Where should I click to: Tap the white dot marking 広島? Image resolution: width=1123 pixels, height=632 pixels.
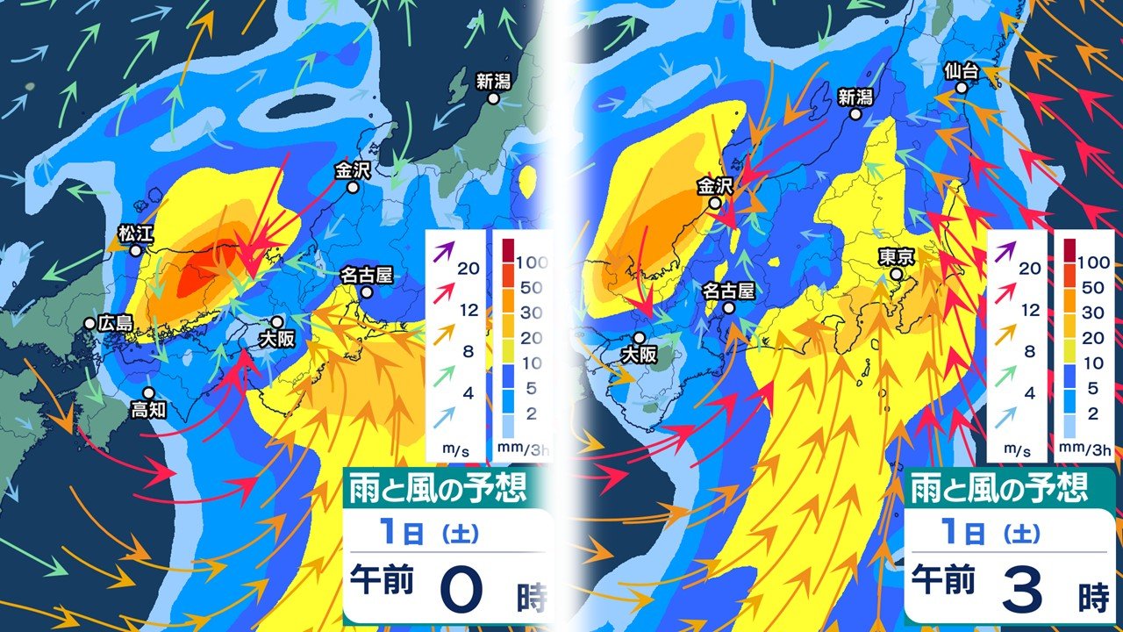[x=89, y=324]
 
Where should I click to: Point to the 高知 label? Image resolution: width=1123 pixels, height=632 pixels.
[x=148, y=409]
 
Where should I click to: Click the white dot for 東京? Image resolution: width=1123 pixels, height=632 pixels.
[x=897, y=275]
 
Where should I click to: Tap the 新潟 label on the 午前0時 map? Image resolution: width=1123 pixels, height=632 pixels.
[x=493, y=82]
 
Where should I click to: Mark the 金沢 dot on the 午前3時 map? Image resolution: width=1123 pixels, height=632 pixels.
[x=716, y=203]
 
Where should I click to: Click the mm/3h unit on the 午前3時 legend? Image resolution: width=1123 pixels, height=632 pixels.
[x=1088, y=450]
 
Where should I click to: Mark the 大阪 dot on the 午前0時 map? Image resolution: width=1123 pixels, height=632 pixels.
[x=277, y=323]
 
